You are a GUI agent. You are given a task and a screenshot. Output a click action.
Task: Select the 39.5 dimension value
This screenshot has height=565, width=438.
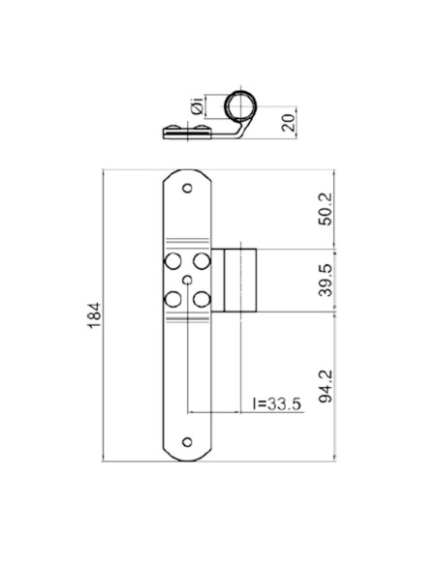(x=326, y=280)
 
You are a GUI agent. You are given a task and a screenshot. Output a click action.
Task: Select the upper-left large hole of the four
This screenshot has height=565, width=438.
(x=172, y=262)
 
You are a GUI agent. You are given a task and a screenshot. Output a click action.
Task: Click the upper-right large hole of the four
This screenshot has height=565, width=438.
(x=201, y=262)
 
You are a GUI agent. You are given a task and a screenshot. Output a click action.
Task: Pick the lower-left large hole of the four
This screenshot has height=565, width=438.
(x=172, y=299)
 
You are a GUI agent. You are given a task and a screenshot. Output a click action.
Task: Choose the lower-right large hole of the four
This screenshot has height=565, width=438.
(x=201, y=299)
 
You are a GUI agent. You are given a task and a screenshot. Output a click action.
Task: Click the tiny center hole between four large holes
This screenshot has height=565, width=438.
(x=186, y=281)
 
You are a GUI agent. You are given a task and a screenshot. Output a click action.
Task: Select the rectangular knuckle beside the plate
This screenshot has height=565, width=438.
(x=239, y=281)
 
